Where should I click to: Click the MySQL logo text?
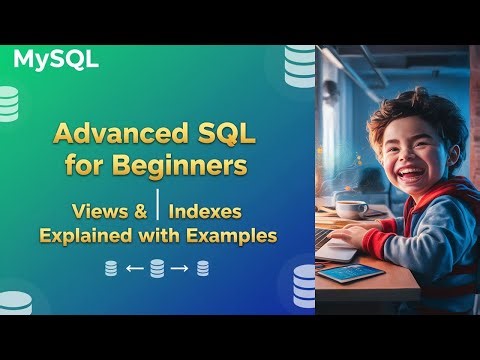(x=56, y=59)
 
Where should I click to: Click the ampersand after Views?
(x=141, y=211)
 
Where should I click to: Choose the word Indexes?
(x=206, y=211)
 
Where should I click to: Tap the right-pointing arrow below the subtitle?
(x=180, y=268)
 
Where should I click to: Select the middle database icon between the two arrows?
(x=157, y=268)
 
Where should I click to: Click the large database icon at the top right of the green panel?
(x=299, y=65)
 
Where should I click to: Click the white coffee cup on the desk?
(x=351, y=208)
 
